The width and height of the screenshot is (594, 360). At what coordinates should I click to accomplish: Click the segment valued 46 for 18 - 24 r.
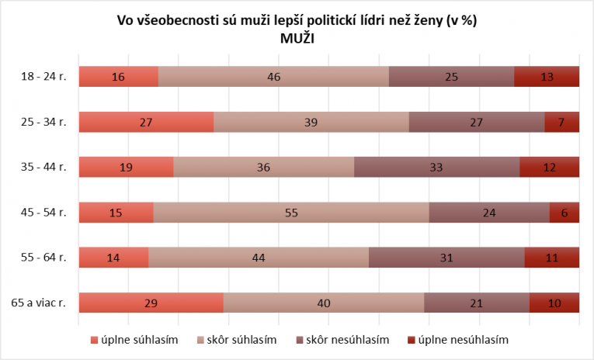[x=273, y=77]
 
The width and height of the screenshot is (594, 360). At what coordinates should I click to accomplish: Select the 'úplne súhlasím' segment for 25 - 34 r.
[x=146, y=122]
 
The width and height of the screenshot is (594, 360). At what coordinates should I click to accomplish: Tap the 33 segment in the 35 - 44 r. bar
[x=436, y=168]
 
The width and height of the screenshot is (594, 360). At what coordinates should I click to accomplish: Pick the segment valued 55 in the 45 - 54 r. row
[x=291, y=213]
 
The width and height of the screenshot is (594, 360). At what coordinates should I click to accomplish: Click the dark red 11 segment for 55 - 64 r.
[x=552, y=258]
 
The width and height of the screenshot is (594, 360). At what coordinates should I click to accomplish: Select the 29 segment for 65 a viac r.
[x=151, y=303]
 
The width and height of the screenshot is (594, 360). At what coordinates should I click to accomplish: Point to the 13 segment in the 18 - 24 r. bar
[x=547, y=77]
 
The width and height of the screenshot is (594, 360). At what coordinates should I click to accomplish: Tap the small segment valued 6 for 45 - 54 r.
[x=564, y=213]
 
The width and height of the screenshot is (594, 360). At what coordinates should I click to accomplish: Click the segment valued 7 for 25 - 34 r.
[x=562, y=122]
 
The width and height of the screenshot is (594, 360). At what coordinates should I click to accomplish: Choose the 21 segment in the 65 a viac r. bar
[x=477, y=303]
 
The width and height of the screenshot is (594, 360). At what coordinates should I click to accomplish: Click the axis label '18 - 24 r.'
[x=45, y=77]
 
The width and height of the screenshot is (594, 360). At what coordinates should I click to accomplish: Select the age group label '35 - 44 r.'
[x=45, y=168]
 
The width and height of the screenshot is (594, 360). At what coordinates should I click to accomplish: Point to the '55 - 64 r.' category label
[x=45, y=258]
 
